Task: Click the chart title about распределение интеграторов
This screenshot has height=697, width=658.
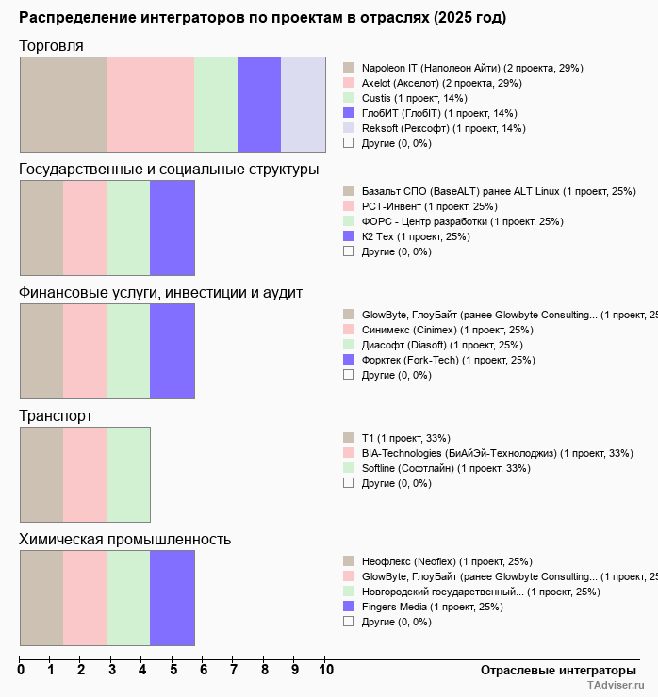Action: click(x=262, y=18)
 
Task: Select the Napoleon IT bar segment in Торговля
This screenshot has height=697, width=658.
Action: click(x=63, y=104)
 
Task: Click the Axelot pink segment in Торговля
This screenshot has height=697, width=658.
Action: click(x=150, y=104)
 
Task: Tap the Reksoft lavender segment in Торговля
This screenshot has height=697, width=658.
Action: click(x=304, y=104)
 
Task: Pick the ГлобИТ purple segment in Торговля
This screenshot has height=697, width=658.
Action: click(x=259, y=104)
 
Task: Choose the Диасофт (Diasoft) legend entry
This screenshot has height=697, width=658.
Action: click(x=442, y=345)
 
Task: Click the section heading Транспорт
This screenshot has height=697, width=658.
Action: click(x=56, y=415)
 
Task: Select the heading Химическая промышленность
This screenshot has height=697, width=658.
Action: click(x=124, y=539)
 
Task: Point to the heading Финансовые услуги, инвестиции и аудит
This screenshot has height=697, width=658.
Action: click(x=160, y=292)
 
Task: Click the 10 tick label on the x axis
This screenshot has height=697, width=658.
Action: click(x=326, y=670)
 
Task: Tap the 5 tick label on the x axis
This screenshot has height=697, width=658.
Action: click(x=173, y=670)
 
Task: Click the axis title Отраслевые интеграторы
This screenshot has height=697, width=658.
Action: click(x=552, y=670)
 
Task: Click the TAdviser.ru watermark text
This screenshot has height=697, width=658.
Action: click(x=615, y=687)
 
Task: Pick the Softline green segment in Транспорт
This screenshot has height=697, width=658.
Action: click(x=128, y=475)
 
